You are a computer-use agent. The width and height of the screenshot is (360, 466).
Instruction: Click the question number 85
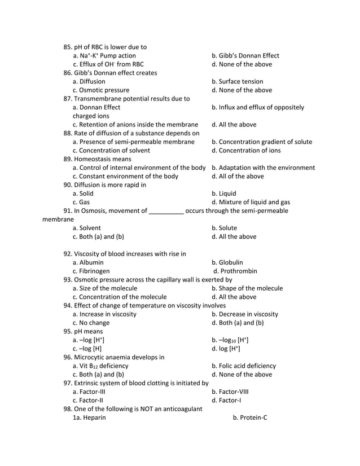68,47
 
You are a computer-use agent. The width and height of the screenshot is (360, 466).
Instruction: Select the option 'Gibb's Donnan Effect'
245,56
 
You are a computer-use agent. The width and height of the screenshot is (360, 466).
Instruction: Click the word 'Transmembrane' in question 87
100,99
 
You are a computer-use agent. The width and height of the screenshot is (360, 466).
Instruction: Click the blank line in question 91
166,212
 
